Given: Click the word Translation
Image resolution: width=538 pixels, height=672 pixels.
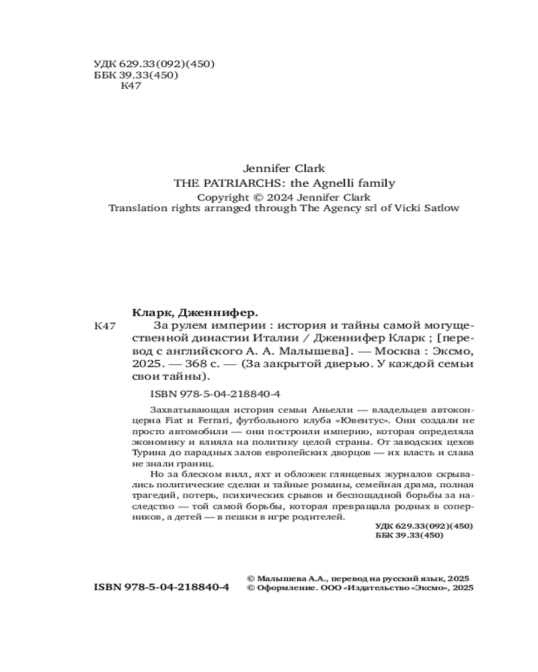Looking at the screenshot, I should point(137,208).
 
